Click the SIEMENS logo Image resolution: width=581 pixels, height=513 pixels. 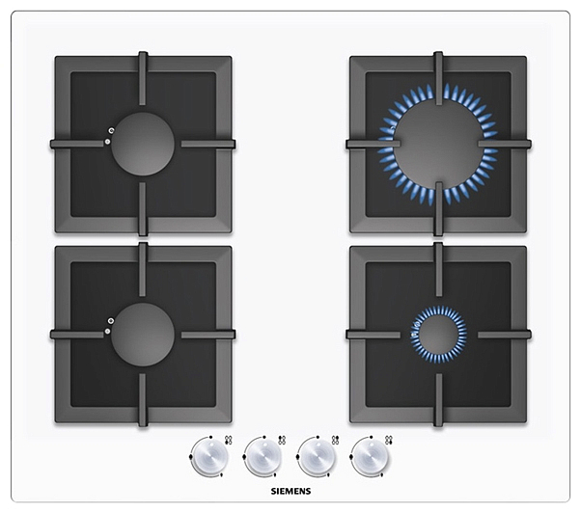point(290,491)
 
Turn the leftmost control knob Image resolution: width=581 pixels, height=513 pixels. point(210,457)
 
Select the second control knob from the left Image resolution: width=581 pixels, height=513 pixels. point(264,457)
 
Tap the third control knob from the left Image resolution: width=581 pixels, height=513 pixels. point(318,457)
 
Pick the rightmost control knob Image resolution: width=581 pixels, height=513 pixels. point(371,457)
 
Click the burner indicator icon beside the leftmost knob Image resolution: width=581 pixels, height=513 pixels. point(229,440)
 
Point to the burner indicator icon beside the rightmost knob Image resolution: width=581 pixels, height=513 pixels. point(389,440)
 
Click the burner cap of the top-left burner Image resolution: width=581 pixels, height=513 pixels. point(143,144)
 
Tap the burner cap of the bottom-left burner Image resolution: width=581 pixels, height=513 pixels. point(143,335)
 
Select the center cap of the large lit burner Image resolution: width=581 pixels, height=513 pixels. point(439,144)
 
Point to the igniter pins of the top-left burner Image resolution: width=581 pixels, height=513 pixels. point(109,136)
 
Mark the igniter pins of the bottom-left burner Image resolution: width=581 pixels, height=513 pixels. point(109,326)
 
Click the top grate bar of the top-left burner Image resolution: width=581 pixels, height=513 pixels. point(143,78)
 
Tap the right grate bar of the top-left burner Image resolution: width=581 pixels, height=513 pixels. point(208,144)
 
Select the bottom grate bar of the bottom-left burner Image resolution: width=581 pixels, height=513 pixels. point(143,400)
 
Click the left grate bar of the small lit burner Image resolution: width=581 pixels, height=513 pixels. point(373,335)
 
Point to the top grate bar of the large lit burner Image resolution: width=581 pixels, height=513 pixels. point(439,78)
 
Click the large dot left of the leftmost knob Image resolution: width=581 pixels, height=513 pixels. point(190,457)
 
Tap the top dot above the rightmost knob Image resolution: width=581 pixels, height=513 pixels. point(371,437)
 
